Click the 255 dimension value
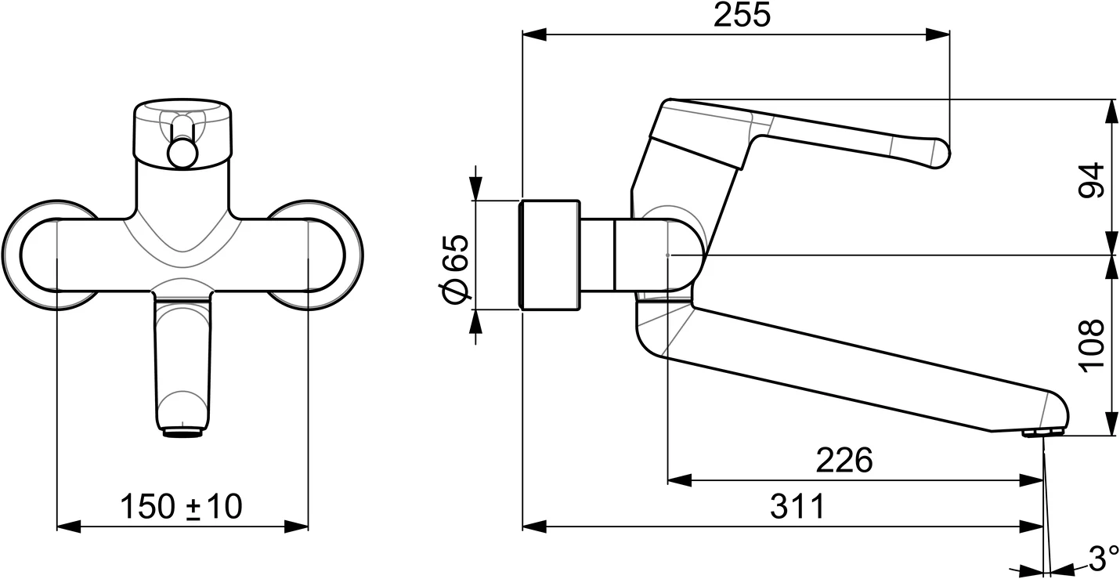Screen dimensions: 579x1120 pyautogui.click(x=741, y=15)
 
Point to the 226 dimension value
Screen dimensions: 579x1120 pyautogui.click(x=844, y=461)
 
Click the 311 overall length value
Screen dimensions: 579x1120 pyautogui.click(x=797, y=507)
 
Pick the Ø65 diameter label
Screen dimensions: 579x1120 pyautogui.click(x=454, y=266)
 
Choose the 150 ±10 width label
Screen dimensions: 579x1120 pyautogui.click(x=181, y=507)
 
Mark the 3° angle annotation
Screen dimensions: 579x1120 pyautogui.click(x=1103, y=558)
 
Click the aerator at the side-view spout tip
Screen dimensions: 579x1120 pyautogui.click(x=1042, y=432)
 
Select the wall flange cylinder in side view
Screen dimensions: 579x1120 pyautogui.click(x=551, y=255)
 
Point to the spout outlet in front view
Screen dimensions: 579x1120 pyautogui.click(x=183, y=431)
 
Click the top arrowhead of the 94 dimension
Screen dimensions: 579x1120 pyautogui.click(x=1111, y=110)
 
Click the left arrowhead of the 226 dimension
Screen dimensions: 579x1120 pyautogui.click(x=678, y=480)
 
